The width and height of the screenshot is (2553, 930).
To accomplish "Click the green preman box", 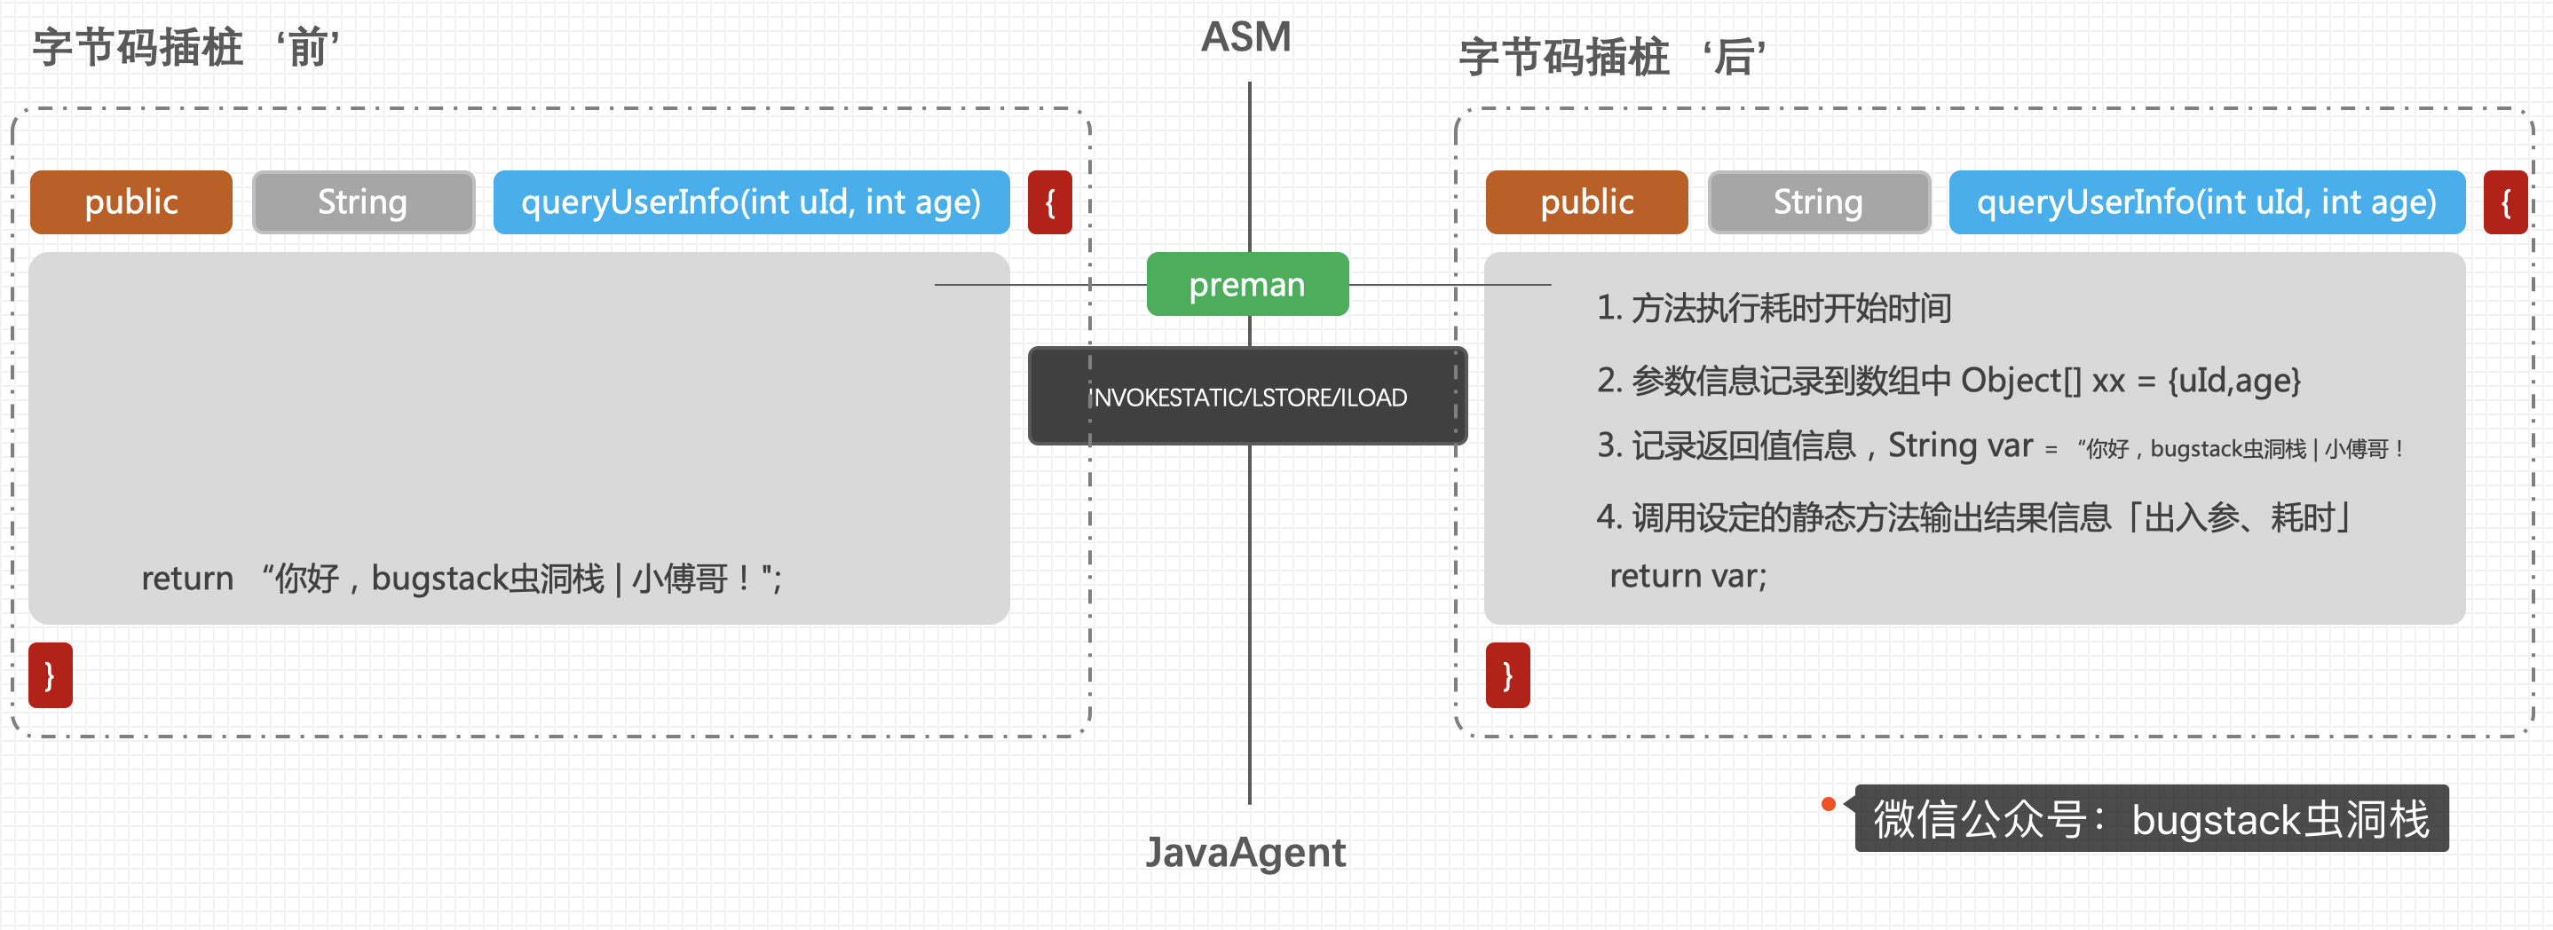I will (1247, 284).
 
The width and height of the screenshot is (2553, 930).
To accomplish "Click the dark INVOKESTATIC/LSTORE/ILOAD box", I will (1247, 396).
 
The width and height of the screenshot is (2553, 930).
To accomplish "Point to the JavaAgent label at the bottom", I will (1245, 852).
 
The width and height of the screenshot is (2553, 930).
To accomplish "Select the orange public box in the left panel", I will (130, 202).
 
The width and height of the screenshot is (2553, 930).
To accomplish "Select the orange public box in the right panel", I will (1585, 202).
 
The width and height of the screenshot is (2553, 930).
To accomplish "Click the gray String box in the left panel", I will (363, 202).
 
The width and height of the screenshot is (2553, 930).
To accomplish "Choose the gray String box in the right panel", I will (1818, 202).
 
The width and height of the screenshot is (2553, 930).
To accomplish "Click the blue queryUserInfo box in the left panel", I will (750, 202).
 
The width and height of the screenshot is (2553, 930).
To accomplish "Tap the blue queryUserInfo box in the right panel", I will (2206, 202).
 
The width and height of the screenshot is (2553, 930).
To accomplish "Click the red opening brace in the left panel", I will (1049, 202).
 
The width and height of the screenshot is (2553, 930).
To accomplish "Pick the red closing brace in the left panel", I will (51, 675).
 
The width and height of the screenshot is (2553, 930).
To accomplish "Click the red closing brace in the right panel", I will (1506, 675).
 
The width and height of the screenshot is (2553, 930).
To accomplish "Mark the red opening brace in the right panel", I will (2505, 202).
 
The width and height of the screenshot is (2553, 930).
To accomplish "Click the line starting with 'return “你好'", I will (461, 579).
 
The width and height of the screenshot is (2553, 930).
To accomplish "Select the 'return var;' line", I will (1687, 575).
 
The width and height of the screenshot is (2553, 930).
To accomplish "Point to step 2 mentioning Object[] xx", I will (1948, 381).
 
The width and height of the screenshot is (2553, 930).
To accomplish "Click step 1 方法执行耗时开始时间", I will (1773, 308).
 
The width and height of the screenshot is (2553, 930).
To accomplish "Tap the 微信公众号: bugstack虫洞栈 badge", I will (2151, 819).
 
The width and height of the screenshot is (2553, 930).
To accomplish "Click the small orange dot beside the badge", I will (1829, 803).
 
